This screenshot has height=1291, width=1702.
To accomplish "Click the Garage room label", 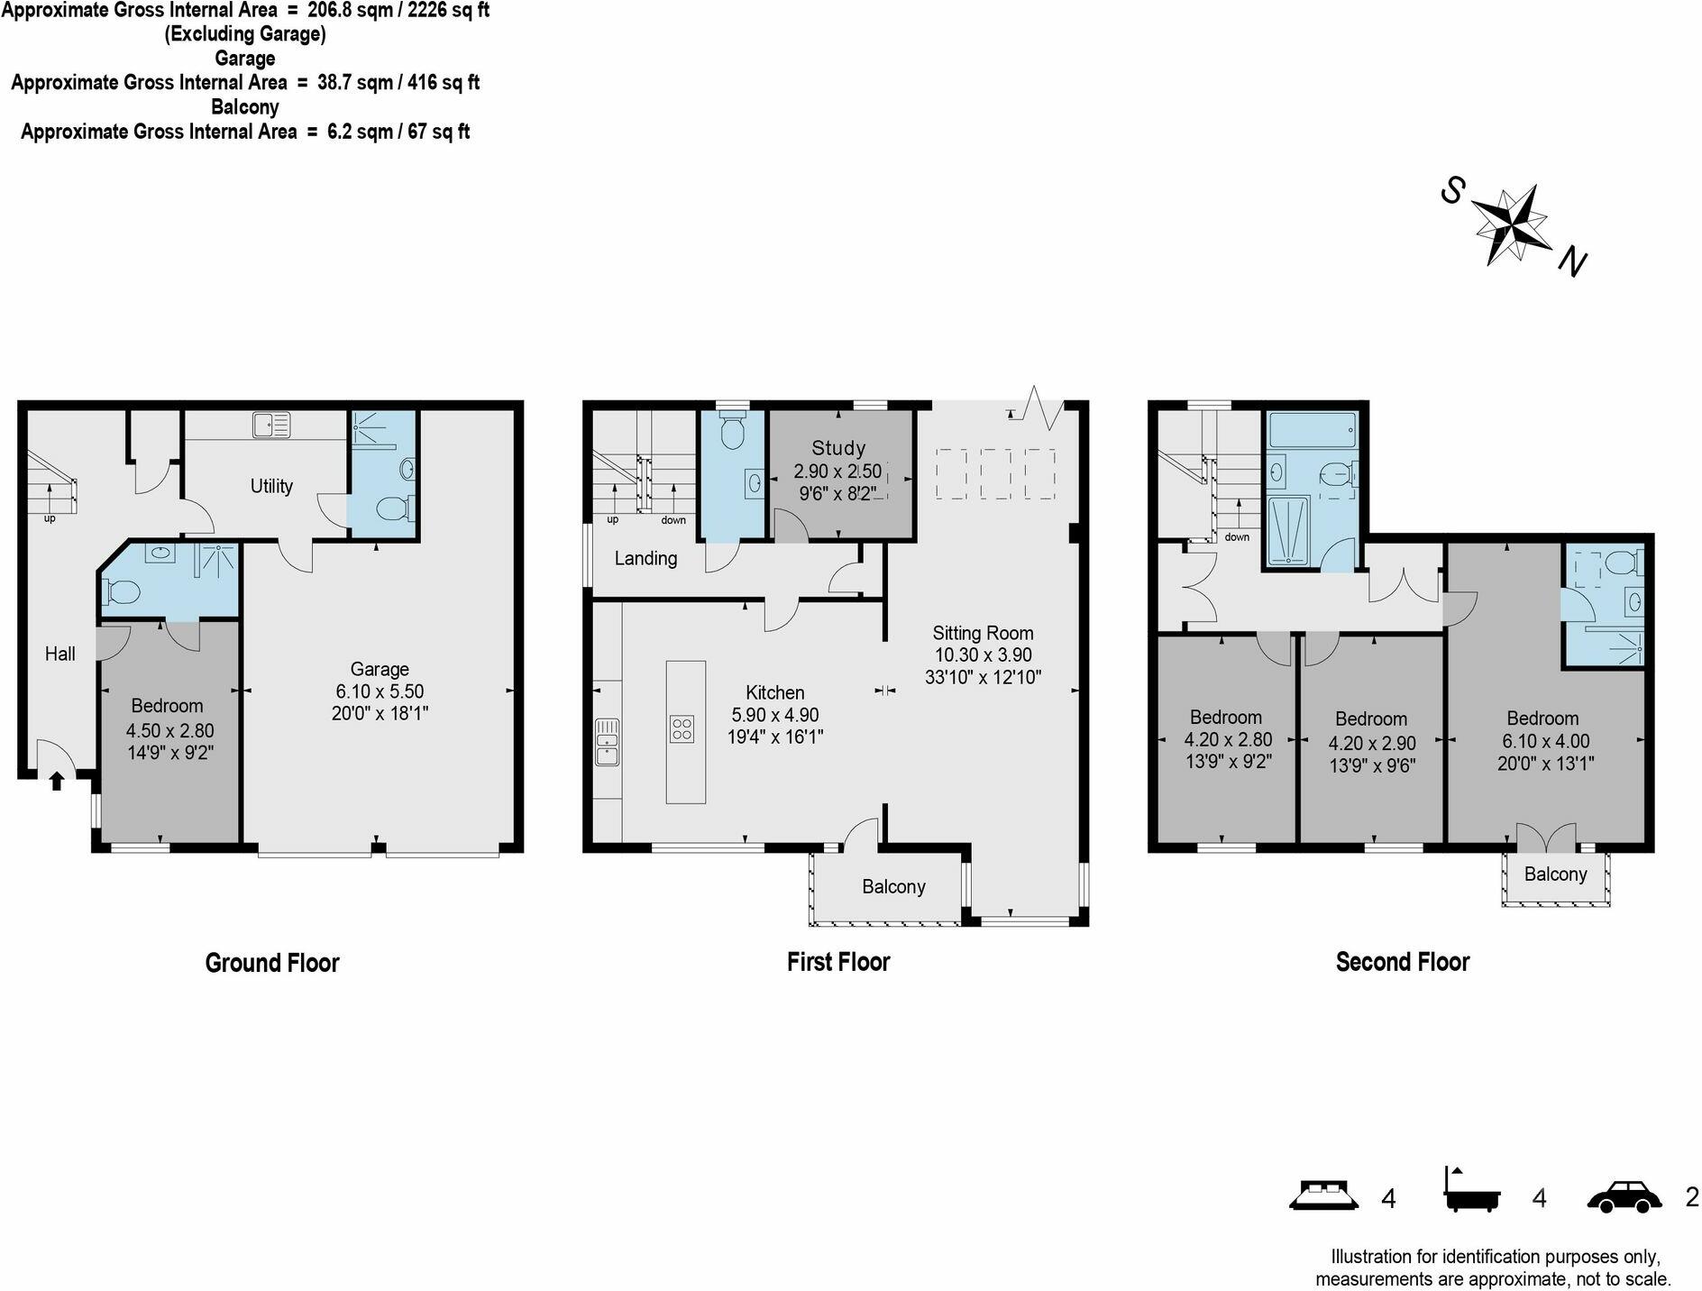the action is [380, 669].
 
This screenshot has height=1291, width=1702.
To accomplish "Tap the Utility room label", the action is [271, 486].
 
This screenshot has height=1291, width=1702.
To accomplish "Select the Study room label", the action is [838, 448].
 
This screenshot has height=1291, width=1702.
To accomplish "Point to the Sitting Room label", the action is [983, 633].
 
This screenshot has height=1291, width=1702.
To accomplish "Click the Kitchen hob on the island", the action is [682, 728].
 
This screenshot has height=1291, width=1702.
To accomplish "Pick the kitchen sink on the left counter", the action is [608, 742].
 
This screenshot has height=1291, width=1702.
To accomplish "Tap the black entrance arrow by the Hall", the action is [57, 781].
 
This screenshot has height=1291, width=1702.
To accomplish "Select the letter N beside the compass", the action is [1573, 261].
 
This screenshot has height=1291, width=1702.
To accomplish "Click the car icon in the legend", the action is [1624, 1197].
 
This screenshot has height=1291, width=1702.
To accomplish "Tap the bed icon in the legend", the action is [1323, 1194].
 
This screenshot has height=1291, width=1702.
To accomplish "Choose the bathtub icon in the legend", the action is [1473, 1190].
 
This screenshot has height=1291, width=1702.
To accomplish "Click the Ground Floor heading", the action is [272, 963].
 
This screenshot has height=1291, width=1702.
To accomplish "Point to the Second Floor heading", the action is [1403, 962].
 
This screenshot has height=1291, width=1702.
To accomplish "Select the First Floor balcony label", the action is [893, 887].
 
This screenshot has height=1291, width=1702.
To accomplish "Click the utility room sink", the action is [271, 425].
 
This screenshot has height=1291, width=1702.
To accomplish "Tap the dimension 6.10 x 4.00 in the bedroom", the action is [1545, 741].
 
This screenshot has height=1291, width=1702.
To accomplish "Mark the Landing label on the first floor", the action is [645, 559].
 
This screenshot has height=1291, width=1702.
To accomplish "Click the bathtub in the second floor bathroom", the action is [1312, 431].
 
